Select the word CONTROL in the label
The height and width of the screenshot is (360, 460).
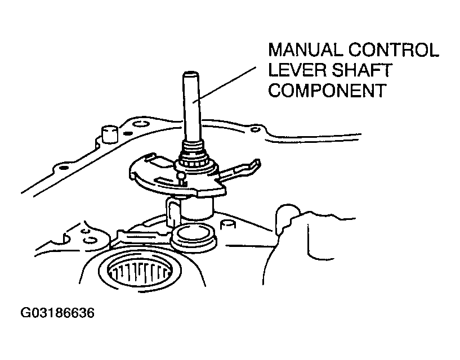tap(394, 50)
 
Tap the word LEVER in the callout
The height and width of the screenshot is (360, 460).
tap(297, 70)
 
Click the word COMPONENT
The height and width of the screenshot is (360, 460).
tap(327, 91)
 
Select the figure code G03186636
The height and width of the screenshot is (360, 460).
tap(57, 313)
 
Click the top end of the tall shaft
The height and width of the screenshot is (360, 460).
tap(190, 73)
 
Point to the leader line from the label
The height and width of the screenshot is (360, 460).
tap(225, 84)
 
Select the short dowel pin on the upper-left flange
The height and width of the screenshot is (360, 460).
tap(109, 134)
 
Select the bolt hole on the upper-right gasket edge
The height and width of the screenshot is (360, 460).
tap(256, 129)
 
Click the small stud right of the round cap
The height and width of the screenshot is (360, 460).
tap(228, 225)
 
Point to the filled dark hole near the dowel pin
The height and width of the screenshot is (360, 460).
tap(128, 133)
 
